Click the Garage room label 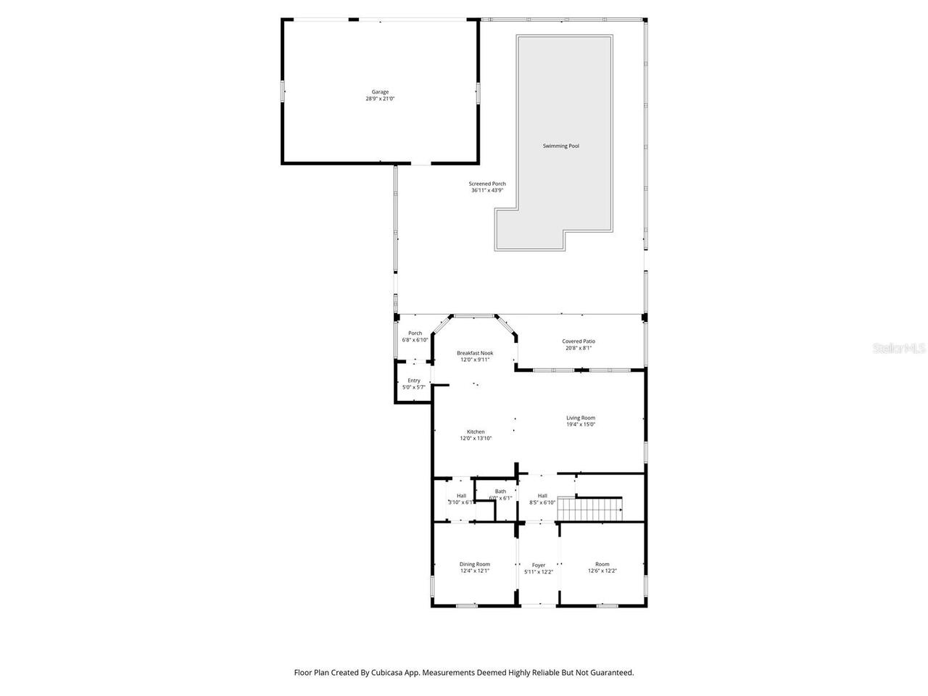(380, 92)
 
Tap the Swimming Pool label (560, 146)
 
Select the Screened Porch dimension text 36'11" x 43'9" (487, 191)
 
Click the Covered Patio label (578, 341)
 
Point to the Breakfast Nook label (475, 353)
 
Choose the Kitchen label (476, 431)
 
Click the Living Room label (580, 418)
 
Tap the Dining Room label (474, 564)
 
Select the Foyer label (538, 565)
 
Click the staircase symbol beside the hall (590, 509)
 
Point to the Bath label (500, 492)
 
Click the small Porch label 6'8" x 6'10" (415, 333)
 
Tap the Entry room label (413, 381)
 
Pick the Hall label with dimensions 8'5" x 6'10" (542, 496)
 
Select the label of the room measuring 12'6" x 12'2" (602, 564)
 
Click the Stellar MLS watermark (898, 349)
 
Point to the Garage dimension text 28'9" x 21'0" (380, 99)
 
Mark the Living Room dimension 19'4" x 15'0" (580, 425)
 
